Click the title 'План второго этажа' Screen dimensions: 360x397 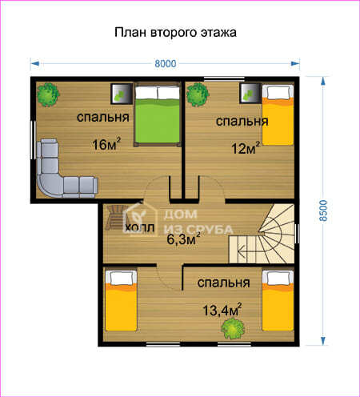(175, 33)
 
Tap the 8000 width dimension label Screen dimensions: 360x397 (166, 64)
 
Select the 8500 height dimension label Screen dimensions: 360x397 (323, 211)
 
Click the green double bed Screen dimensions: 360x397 (157, 114)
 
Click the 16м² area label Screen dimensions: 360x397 (106, 144)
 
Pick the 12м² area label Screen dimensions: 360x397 (246, 148)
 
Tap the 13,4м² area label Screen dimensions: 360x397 (222, 310)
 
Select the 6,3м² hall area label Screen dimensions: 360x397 (183, 239)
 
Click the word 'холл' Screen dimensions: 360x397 (140, 228)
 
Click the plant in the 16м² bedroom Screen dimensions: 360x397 (48, 94)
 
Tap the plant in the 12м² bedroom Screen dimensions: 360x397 (198, 94)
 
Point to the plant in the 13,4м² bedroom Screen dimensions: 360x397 (233, 329)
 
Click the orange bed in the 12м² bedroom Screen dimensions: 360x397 (278, 115)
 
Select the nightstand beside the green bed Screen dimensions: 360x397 (122, 94)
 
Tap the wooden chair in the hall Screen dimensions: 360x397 (115, 218)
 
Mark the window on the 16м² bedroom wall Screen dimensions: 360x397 (33, 140)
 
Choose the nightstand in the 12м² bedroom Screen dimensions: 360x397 (250, 93)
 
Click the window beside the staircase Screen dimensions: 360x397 (297, 234)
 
